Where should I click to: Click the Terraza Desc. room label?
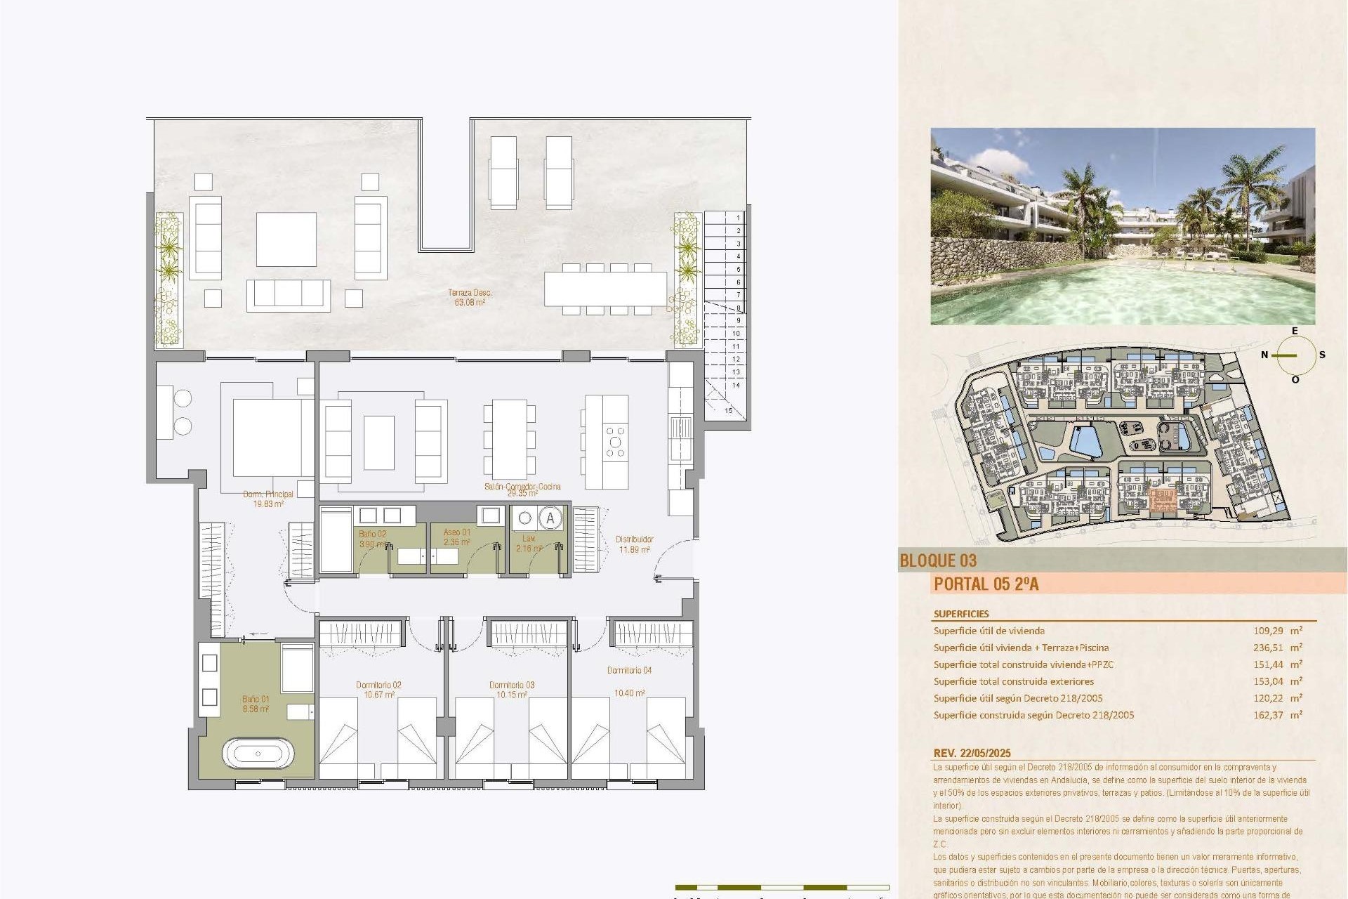click(470, 292)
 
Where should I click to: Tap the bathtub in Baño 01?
click(258, 754)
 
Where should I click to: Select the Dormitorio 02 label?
click(378, 685)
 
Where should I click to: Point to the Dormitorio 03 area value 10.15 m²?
click(512, 695)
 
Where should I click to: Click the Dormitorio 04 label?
click(629, 671)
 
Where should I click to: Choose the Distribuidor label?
click(635, 539)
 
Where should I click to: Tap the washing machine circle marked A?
click(550, 519)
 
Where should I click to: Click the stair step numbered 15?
click(728, 411)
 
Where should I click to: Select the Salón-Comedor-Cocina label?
click(522, 486)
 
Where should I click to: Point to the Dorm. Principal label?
click(268, 494)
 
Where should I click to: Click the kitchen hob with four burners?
click(615, 442)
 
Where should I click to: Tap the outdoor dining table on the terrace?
click(605, 289)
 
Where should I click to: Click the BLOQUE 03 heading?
click(938, 560)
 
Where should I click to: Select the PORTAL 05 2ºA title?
click(986, 584)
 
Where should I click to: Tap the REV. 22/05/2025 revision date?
click(972, 753)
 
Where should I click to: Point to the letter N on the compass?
click(1264, 355)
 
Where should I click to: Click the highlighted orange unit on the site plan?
click(1163, 500)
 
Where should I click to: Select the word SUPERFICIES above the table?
click(961, 614)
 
